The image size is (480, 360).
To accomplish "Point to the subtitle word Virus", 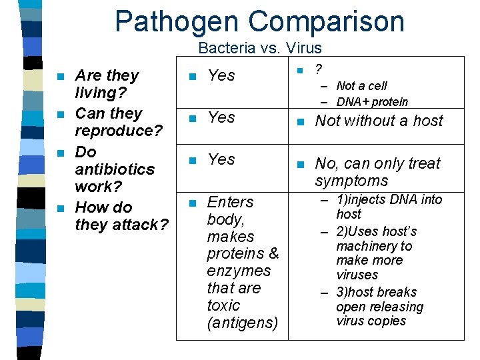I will coord(303,48).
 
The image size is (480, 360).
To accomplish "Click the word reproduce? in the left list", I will coord(119,131).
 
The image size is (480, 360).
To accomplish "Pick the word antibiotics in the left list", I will coord(115,169).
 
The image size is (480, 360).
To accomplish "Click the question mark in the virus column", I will coord(319,69).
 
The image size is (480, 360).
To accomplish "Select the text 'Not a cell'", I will coord(361,85).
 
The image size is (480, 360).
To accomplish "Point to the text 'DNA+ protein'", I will coord(372,102).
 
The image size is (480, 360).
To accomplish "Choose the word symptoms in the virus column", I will coord(351,181).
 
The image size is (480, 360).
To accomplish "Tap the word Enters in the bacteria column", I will coord(230,202).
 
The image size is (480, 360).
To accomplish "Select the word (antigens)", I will coord(242,323).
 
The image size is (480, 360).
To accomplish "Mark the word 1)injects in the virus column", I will coord(363,199).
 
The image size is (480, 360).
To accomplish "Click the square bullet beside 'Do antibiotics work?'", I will coord(62,153).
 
